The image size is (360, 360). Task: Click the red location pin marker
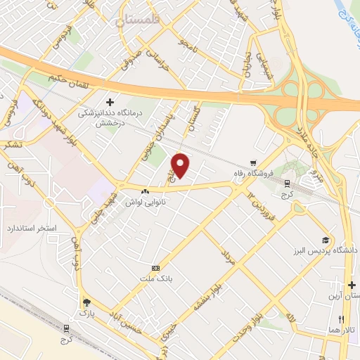point(181,166)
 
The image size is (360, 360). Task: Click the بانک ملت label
point(157,280)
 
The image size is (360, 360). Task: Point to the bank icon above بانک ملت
point(155,268)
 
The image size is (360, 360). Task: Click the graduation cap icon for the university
point(324,240)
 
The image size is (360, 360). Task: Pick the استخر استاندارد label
point(28,229)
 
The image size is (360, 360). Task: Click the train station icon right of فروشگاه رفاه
point(286,182)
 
